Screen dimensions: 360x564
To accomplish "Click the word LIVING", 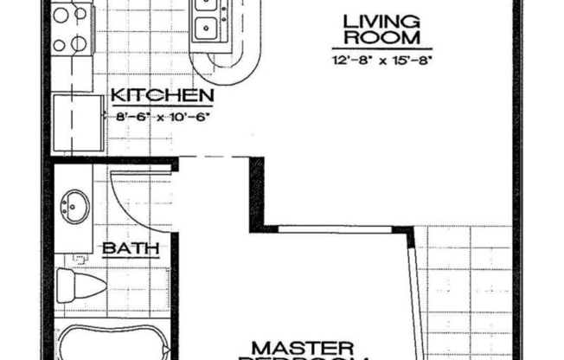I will [369, 22].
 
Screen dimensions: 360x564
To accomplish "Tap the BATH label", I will [131, 249].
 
